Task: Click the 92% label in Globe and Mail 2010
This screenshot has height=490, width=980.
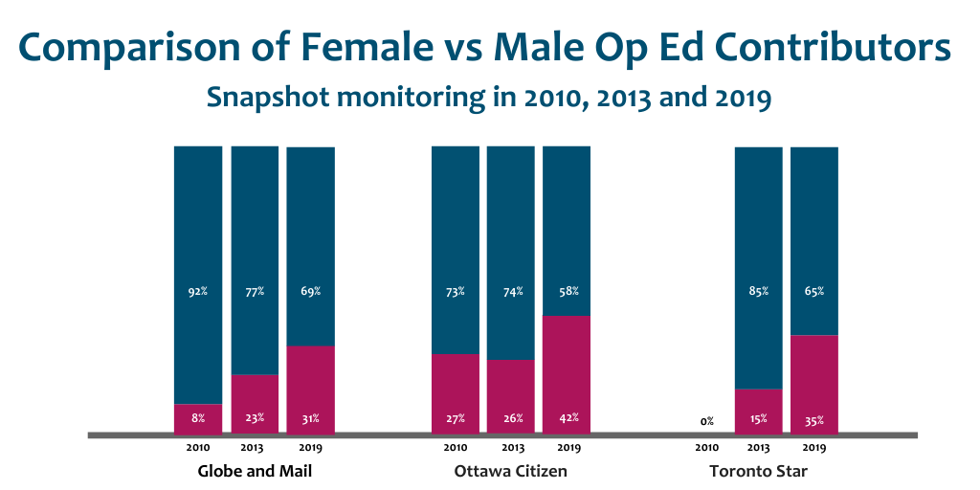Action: click(x=198, y=291)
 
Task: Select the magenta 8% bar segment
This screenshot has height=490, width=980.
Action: click(x=198, y=418)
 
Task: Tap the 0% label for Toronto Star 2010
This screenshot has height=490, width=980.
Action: click(x=706, y=421)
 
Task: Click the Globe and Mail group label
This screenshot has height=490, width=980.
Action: click(x=255, y=471)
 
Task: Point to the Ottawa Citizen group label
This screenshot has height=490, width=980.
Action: click(x=511, y=471)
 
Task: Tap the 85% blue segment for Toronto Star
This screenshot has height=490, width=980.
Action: click(x=758, y=268)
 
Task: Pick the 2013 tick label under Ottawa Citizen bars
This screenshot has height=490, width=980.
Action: click(x=511, y=447)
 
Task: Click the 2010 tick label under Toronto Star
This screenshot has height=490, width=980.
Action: click(x=706, y=447)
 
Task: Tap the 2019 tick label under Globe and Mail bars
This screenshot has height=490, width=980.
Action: click(x=311, y=447)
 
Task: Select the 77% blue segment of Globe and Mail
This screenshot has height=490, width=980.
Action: click(x=255, y=258)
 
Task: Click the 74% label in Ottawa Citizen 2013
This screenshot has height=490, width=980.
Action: click(x=511, y=291)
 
